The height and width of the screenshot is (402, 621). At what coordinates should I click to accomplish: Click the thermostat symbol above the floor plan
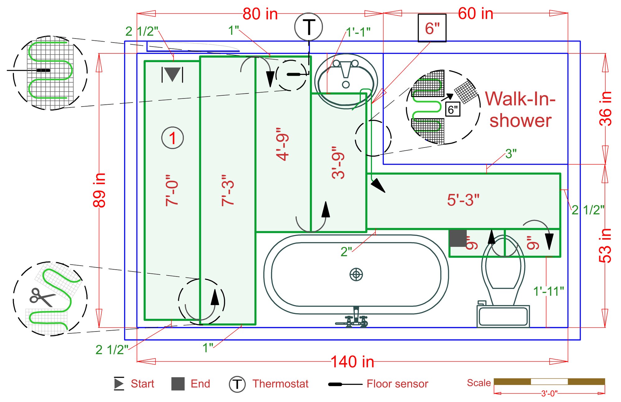pos(308,27)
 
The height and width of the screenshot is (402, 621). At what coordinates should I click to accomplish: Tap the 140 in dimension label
pos(352,362)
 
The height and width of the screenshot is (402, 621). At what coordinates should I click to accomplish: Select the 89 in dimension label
pos(99,190)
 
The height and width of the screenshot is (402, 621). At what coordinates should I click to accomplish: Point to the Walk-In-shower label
pos(520,109)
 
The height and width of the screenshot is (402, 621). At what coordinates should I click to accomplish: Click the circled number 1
pos(173,138)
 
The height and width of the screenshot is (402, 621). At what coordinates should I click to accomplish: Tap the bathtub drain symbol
pos(356,274)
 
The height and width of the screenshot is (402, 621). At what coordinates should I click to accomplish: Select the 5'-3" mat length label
pos(463,200)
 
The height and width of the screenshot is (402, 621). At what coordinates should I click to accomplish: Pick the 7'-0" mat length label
pos(172,190)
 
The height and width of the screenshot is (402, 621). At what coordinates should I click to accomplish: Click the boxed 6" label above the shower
pos(432,28)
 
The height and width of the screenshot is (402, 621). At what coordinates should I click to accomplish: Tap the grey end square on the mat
pos(458,238)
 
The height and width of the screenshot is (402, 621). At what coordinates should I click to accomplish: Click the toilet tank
pos(503,316)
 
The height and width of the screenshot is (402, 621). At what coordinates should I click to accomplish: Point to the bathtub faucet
pos(354,318)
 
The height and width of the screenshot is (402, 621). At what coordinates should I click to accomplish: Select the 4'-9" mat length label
pos(283,144)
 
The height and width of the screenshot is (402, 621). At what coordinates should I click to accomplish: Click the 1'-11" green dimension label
pos(549,292)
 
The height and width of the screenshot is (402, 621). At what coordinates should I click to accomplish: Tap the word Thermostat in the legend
pos(280,384)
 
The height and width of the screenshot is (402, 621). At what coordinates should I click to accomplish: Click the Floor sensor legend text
pos(397,384)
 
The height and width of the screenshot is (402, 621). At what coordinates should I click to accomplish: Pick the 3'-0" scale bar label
pos(549,394)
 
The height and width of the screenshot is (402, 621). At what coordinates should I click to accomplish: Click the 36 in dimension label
pos(605,108)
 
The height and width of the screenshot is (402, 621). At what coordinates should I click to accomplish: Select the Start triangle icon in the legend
pos(119,383)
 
